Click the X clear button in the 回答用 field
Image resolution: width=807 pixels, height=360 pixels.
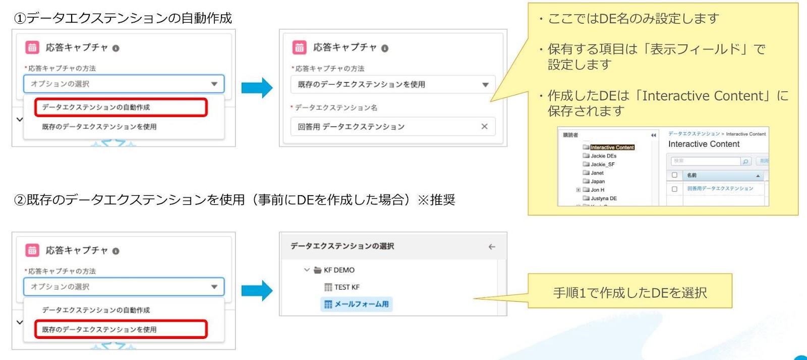[x=484, y=127]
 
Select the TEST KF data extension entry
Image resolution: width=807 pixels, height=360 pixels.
[x=347, y=287]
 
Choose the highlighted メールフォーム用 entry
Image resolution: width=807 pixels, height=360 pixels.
[x=361, y=305]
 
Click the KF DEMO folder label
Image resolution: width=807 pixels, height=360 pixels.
[x=339, y=270]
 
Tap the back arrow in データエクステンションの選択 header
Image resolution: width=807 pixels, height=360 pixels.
[x=492, y=247]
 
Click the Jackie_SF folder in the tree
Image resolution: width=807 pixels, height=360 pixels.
[x=602, y=164]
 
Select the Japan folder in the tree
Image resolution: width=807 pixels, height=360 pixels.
[x=598, y=182]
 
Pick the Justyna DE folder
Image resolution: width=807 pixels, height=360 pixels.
[x=603, y=199]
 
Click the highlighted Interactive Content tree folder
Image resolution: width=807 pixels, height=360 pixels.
[x=612, y=148]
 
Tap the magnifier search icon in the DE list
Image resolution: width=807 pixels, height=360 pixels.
[x=745, y=161]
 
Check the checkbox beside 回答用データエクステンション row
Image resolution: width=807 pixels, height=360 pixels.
[x=674, y=189]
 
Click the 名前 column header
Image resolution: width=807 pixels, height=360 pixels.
[x=691, y=175]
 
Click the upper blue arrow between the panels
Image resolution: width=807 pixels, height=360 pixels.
[x=257, y=88]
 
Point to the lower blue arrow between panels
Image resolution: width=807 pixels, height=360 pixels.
[x=257, y=290]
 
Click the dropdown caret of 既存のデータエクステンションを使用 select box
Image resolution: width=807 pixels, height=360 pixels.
[x=485, y=85]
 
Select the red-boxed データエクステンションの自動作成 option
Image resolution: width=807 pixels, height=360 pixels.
[x=121, y=107]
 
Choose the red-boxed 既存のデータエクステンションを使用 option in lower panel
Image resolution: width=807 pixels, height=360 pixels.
[x=121, y=329]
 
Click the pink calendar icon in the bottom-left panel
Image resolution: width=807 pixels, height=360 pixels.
[x=32, y=251]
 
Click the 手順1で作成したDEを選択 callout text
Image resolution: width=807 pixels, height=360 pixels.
[x=630, y=292]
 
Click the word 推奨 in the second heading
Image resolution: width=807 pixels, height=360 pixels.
[x=442, y=200]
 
